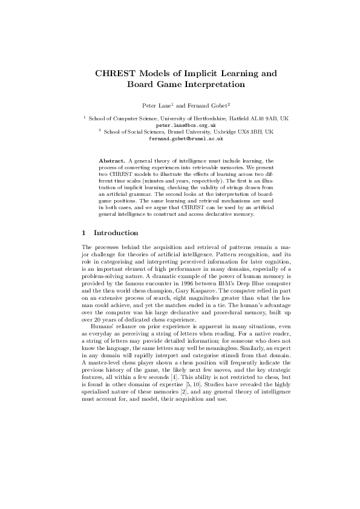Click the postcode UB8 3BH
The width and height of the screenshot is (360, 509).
tap(254, 131)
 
